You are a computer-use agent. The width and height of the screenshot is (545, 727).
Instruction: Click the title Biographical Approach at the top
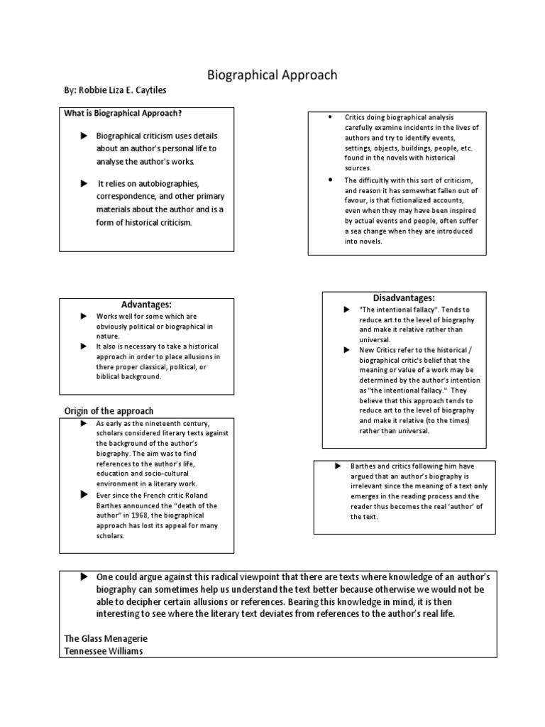coord(272,75)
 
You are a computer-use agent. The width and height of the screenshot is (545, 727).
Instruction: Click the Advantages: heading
coord(147,304)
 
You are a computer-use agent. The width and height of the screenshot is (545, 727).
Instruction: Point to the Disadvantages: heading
coord(403,297)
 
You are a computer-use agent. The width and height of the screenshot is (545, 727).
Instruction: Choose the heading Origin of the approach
coord(109,411)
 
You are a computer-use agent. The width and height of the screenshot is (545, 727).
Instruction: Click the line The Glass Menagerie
coord(106,638)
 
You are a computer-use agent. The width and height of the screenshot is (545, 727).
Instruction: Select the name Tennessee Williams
coord(104,650)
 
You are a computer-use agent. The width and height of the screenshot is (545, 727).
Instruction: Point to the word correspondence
coord(128,197)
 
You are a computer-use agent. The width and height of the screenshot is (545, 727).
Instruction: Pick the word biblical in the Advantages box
coord(111,376)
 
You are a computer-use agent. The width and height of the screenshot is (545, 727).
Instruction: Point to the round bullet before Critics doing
coord(331,116)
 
